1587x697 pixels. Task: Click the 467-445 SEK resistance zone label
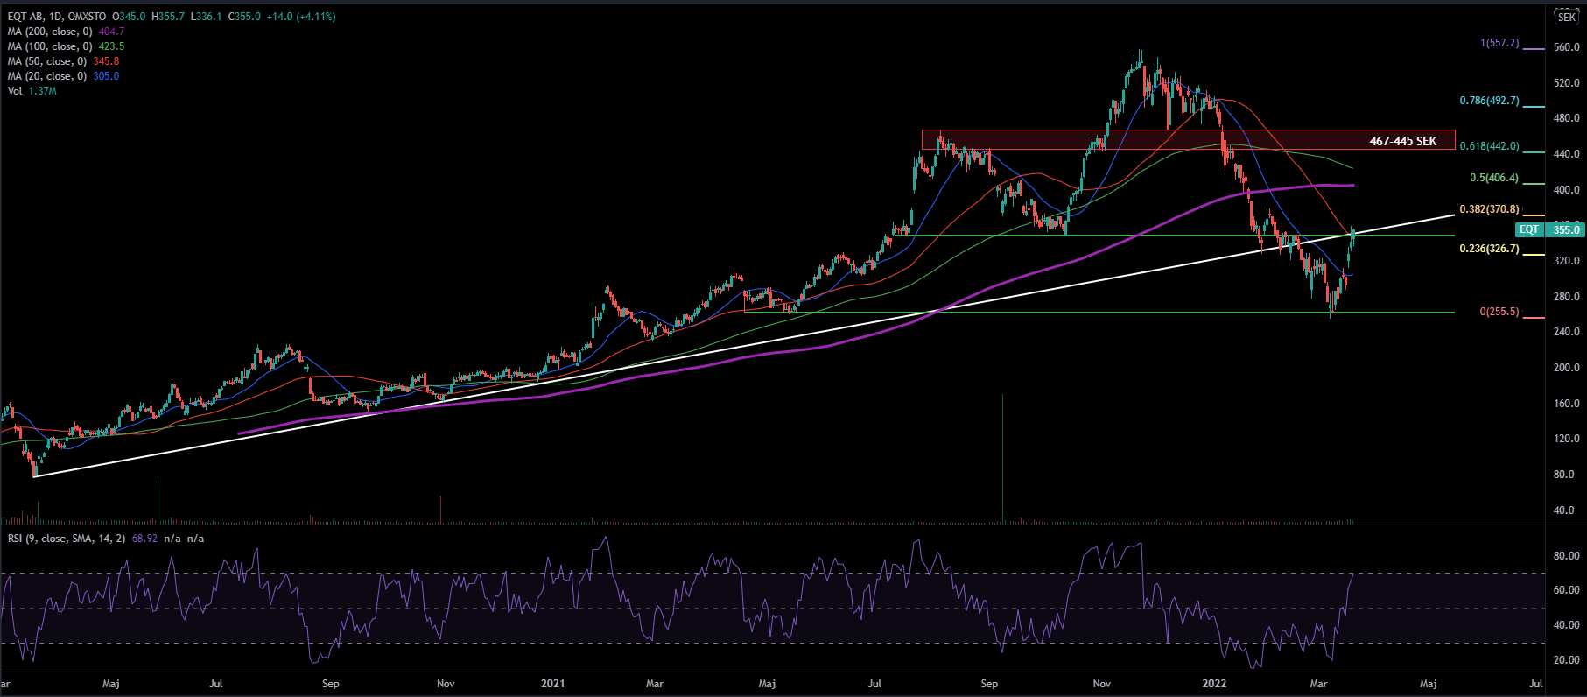(1402, 141)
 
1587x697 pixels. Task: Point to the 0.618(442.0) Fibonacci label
(1489, 146)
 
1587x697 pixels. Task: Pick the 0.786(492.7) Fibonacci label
(1489, 101)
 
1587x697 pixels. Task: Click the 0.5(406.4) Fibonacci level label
(1493, 178)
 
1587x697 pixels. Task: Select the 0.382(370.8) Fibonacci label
(1489, 210)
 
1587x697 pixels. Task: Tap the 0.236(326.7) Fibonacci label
(1489, 249)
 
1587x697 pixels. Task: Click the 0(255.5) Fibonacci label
(1499, 312)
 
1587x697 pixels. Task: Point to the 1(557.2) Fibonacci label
(1499, 43)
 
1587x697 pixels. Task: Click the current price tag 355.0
(1565, 229)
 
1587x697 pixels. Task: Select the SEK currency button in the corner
(1566, 18)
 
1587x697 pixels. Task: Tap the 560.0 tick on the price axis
(1566, 47)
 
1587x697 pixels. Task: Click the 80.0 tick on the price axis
(1563, 475)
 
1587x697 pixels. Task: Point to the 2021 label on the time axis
(552, 684)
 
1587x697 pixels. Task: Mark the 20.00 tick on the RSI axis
(1566, 660)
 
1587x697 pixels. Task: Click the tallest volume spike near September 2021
(1002, 455)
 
